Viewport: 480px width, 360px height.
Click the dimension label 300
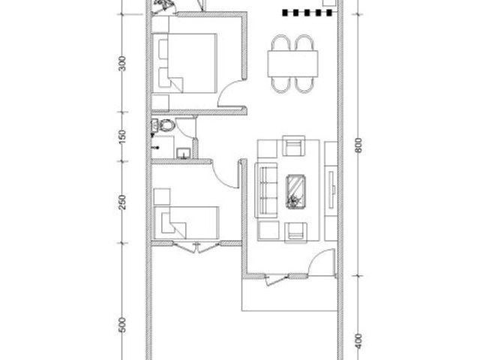[x=122, y=63]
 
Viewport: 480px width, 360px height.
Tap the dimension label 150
[x=122, y=136]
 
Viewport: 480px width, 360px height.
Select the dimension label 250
[x=122, y=202]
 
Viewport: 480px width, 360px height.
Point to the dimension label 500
[x=122, y=325]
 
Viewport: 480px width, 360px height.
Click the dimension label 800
[x=358, y=145]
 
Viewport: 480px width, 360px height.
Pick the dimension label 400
[x=358, y=341]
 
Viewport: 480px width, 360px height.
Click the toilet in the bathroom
[x=163, y=125]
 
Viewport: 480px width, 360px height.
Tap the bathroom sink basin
[x=184, y=153]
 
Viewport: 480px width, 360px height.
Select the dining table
[x=293, y=64]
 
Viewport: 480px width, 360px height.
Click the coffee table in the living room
[x=295, y=192]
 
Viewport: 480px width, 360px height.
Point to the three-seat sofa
[x=266, y=190]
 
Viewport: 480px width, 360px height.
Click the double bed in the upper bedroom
[x=184, y=63]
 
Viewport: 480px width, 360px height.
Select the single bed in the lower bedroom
[x=187, y=223]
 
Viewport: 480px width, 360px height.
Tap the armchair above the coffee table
[x=294, y=145]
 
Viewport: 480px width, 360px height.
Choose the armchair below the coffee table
[x=295, y=232]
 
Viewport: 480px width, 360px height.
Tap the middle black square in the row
[x=307, y=13]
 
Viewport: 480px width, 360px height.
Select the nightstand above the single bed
[x=162, y=196]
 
